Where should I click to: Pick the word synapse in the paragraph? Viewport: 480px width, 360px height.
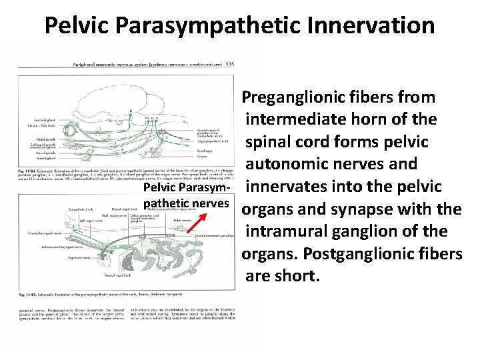coord(368,209)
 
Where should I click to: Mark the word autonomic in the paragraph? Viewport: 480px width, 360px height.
coord(292,163)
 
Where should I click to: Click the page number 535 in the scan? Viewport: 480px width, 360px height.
coord(229,65)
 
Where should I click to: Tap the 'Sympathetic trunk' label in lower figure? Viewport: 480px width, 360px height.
coord(83,209)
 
